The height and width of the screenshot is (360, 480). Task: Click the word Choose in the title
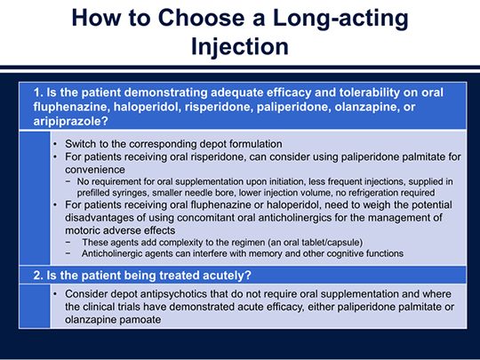(x=201, y=18)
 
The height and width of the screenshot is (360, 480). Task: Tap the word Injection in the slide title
(x=240, y=46)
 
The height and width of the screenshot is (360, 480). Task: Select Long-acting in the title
(x=340, y=19)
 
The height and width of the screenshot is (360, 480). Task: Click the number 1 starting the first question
(x=36, y=92)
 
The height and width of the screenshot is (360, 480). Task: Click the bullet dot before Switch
(x=55, y=144)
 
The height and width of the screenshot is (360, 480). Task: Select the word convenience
(x=95, y=170)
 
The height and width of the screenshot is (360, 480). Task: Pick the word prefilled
(x=92, y=193)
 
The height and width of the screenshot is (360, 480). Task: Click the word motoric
(x=83, y=230)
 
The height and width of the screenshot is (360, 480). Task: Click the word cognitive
(x=345, y=253)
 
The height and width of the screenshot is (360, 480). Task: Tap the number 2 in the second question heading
(x=36, y=276)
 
